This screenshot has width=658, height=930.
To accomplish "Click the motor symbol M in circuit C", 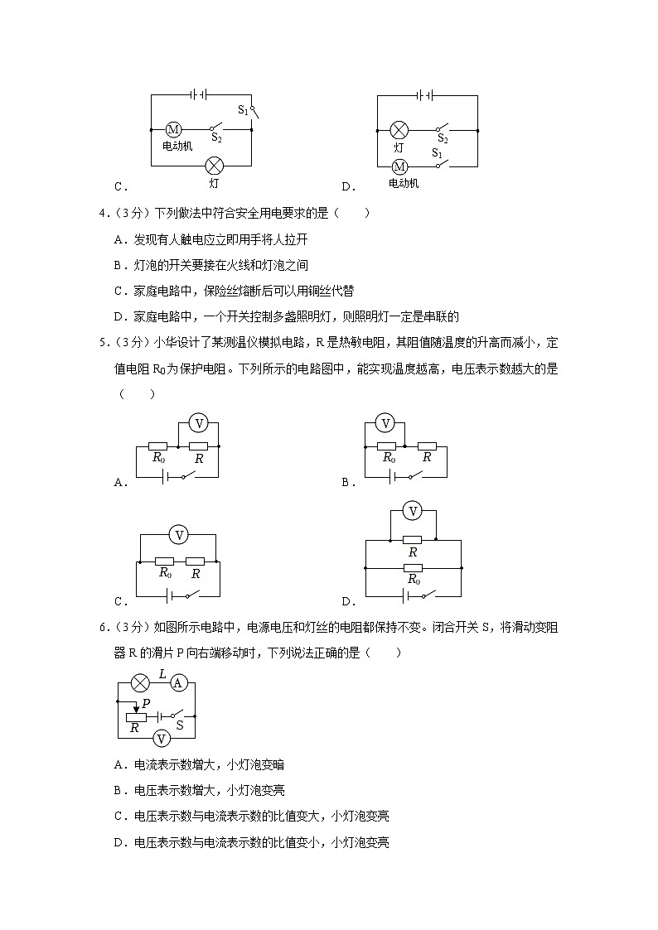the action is [173, 130].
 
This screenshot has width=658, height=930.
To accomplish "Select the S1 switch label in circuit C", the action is [244, 109].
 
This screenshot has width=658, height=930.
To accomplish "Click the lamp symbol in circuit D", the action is [399, 130].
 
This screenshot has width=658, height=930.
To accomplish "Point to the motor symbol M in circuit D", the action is [399, 165].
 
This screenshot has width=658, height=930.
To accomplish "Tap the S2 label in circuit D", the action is [443, 138].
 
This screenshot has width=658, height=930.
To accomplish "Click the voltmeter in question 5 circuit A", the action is [198, 423].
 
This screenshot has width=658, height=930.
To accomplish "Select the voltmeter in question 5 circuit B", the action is [385, 423].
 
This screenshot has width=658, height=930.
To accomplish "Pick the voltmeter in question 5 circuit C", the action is [177, 535].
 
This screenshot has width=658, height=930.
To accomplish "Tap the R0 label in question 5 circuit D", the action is [414, 581].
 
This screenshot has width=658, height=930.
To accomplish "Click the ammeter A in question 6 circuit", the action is [177, 683].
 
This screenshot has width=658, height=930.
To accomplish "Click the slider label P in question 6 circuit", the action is [146, 703].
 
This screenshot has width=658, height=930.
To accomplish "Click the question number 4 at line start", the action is [102, 214].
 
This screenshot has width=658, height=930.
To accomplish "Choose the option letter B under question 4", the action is [118, 266].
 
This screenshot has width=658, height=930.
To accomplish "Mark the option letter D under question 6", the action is [118, 843].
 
